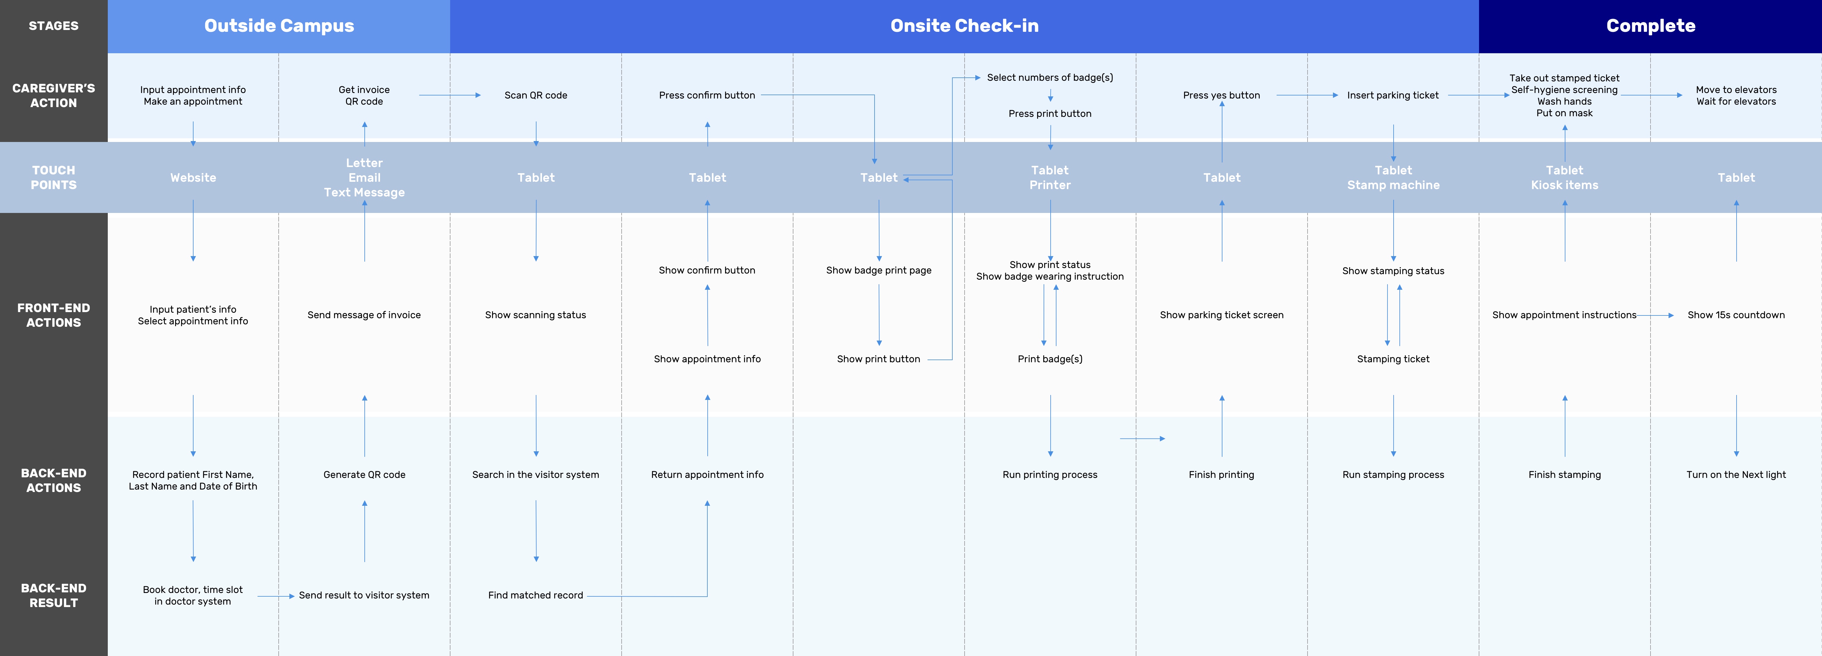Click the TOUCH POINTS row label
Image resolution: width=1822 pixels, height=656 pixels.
[x=54, y=177]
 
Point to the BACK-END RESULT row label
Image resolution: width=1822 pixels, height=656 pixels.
[x=54, y=595]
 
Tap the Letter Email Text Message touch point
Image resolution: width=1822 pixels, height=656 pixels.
[x=364, y=177]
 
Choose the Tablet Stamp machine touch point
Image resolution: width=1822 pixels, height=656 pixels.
[x=1393, y=177]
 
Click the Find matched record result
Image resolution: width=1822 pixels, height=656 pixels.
[x=536, y=595]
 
